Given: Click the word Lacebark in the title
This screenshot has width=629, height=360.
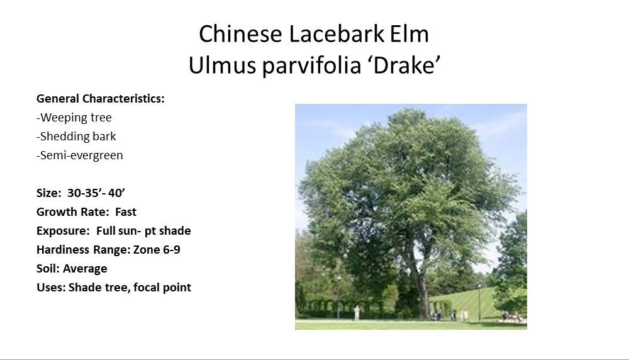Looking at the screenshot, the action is [x=337, y=34].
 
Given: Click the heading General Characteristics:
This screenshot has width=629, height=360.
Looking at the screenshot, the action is [x=100, y=99].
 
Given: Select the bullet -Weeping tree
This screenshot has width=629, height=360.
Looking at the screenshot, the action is [x=74, y=118].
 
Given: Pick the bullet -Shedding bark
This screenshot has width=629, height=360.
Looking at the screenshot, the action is [x=76, y=137].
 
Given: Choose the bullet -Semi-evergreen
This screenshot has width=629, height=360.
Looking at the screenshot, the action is [x=80, y=155].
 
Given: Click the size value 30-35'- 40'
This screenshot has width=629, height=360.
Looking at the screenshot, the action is [x=96, y=193].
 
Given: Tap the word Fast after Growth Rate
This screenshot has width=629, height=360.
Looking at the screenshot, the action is [x=126, y=212].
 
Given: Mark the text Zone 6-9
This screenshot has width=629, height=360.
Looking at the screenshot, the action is [x=157, y=250].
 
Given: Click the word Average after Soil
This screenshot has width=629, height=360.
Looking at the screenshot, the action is [x=85, y=269].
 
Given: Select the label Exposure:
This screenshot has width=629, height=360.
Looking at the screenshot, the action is [x=63, y=231].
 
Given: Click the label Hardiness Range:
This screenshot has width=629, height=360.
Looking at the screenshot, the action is [x=84, y=250].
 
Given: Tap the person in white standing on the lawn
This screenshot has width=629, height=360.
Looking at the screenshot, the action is [x=357, y=313].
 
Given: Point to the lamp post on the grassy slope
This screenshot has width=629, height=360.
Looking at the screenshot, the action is [x=479, y=302].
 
